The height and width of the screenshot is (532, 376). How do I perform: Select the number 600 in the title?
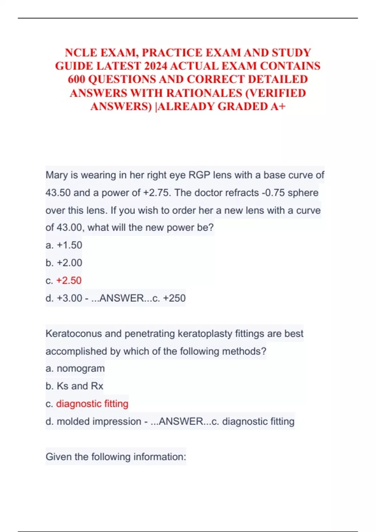pyautogui.click(x=76, y=79)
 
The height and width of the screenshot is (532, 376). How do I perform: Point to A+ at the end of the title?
pyautogui.click(x=278, y=106)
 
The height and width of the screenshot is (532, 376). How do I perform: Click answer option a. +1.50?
pyautogui.click(x=64, y=245)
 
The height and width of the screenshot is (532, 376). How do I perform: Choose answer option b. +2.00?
pyautogui.click(x=64, y=263)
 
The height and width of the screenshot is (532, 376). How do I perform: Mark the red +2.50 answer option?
pyautogui.click(x=69, y=280)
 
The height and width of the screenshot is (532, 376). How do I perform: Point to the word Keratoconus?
pyautogui.click(x=74, y=334)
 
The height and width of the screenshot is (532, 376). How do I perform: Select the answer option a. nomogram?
pyautogui.click(x=75, y=368)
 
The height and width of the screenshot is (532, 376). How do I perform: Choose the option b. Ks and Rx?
pyautogui.click(x=74, y=386)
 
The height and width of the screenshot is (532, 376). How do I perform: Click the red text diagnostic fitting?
pyautogui.click(x=92, y=404)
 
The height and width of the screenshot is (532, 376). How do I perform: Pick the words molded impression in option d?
pyautogui.click(x=99, y=421)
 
